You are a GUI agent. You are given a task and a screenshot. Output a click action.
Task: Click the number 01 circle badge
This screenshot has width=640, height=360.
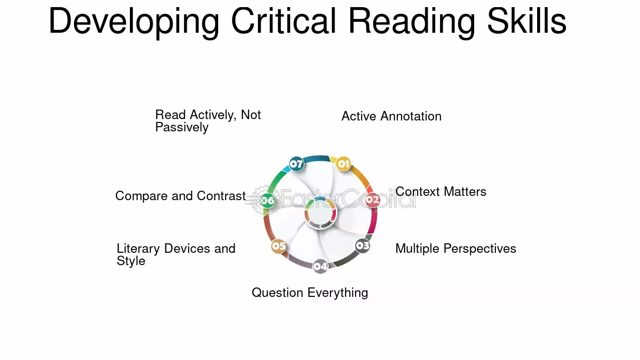pos(343,164)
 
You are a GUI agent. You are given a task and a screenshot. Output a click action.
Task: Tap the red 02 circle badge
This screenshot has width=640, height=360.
pos(373,200)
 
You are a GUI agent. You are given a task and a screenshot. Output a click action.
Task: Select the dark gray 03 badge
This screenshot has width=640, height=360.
pos(363,246)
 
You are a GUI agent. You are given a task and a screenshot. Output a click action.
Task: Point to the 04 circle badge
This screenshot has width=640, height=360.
pos(320,267)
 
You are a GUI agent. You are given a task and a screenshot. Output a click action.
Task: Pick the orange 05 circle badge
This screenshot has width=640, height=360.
pos(279,246)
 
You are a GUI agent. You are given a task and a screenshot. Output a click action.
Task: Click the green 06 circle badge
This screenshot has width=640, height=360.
pos(268,201)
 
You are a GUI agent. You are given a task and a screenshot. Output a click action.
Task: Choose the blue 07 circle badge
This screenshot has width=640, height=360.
pos(296,164)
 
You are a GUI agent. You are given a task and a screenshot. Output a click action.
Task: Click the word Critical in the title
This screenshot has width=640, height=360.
pos(283,21)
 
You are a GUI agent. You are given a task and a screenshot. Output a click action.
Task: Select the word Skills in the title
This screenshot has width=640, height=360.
pos(527,20)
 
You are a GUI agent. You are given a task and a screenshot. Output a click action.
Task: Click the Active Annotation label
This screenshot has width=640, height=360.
pos(392,116)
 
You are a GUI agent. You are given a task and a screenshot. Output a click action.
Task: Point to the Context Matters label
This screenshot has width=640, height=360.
pos(441,192)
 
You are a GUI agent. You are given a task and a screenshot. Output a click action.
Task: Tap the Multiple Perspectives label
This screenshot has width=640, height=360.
pos(456,249)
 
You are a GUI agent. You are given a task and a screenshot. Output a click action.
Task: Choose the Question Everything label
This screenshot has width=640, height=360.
pos(310,293)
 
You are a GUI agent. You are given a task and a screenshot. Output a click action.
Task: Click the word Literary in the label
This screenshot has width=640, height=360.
pos(138,249)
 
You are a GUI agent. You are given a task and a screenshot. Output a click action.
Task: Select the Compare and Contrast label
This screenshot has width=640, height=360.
pos(181,196)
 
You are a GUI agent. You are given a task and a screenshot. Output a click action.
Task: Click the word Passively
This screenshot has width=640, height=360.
pos(182,127)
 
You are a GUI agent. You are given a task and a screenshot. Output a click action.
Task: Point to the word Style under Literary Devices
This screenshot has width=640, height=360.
pos(131,261)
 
